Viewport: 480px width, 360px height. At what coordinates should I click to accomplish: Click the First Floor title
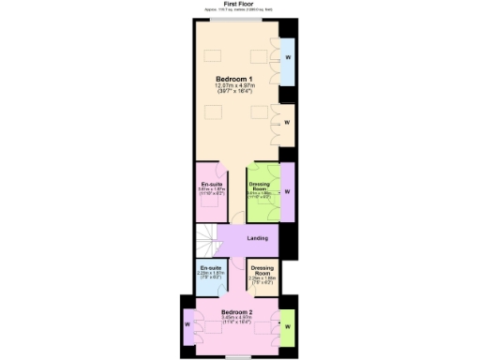pyautogui.click(x=241, y=4)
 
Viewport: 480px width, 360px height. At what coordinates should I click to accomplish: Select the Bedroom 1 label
pyautogui.click(x=234, y=79)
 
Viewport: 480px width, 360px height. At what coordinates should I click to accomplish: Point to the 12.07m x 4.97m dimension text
pyautogui.click(x=234, y=86)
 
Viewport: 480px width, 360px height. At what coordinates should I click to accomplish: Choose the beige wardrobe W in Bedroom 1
pyautogui.click(x=287, y=122)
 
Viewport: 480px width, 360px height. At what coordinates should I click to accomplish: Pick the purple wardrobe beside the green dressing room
pyautogui.click(x=287, y=192)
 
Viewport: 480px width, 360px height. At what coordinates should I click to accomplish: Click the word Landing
pyautogui.click(x=257, y=238)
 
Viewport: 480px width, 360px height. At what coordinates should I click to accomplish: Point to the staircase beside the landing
pyautogui.click(x=211, y=240)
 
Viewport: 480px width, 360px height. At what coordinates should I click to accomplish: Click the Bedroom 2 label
pyautogui.click(x=236, y=311)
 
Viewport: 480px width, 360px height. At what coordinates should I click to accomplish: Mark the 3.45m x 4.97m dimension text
pyautogui.click(x=236, y=319)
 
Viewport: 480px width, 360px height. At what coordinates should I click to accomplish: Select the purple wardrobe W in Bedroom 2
pyautogui.click(x=188, y=324)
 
